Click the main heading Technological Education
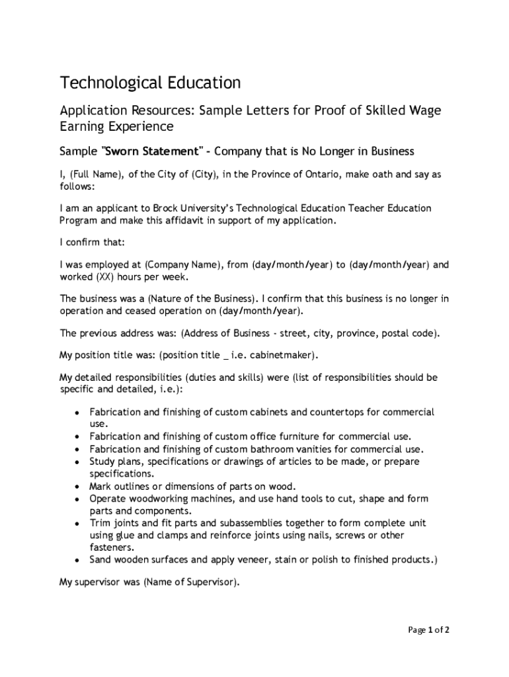pyautogui.click(x=150, y=83)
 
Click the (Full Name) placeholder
pyautogui.click(x=93, y=175)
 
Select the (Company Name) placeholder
pyautogui.click(x=181, y=265)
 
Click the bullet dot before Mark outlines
pyautogui.click(x=77, y=487)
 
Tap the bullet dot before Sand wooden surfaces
pyautogui.click(x=77, y=560)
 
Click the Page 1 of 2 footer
pyautogui.click(x=428, y=630)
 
